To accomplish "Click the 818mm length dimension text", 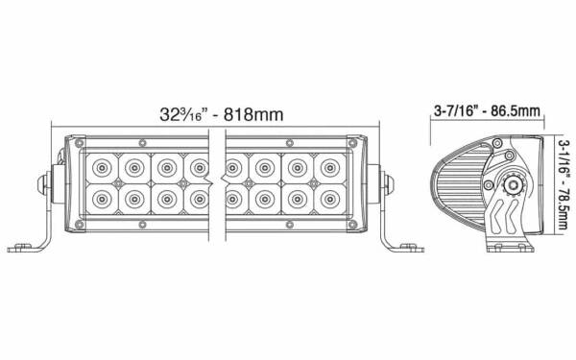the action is [253, 114].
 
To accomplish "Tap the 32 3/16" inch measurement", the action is [184, 114].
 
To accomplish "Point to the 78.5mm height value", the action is [563, 206].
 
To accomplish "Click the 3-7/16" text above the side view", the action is [454, 110].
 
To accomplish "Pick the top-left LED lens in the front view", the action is [102, 168].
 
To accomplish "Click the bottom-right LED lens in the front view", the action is [330, 199].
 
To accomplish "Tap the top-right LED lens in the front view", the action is [330, 168].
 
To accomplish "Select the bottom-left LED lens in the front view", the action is [102, 199].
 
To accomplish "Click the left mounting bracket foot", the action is [26, 248].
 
